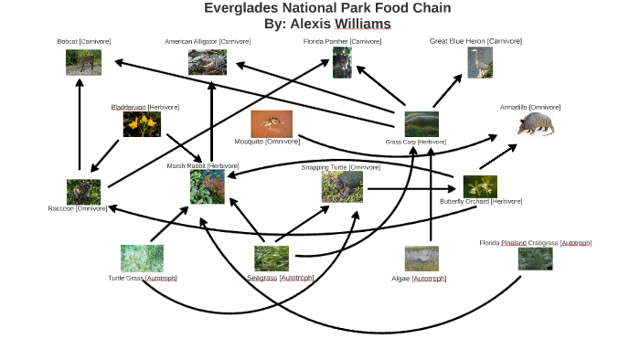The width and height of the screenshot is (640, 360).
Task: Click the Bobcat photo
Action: click(x=83, y=62)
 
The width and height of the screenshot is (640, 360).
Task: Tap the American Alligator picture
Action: click(x=208, y=62)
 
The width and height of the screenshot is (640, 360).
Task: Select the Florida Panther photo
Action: click(x=342, y=62)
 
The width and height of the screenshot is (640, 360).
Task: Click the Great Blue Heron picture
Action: click(x=480, y=62)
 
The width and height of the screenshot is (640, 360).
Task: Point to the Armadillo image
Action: click(x=534, y=123)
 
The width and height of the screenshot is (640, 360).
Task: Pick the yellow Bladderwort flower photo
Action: click(x=142, y=124)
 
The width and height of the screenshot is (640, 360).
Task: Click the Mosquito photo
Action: click(x=272, y=123)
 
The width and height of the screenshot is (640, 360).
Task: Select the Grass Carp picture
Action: click(x=421, y=123)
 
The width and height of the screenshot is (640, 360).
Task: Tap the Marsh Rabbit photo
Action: click(x=207, y=186)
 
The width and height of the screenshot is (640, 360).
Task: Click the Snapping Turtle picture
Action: click(x=342, y=186)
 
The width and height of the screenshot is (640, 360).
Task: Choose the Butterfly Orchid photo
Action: click(x=479, y=185)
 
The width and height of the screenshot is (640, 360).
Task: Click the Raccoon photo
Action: click(x=83, y=191)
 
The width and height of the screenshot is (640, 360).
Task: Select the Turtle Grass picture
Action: click(x=142, y=258)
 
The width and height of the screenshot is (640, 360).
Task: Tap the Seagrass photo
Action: click(x=272, y=259)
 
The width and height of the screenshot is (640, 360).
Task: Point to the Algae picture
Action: click(x=421, y=259)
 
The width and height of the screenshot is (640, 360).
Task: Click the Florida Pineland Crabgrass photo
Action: click(x=535, y=259)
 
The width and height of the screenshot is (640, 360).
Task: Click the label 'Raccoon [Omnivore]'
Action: click(x=78, y=208)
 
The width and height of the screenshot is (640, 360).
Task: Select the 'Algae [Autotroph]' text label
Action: click(x=419, y=278)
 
